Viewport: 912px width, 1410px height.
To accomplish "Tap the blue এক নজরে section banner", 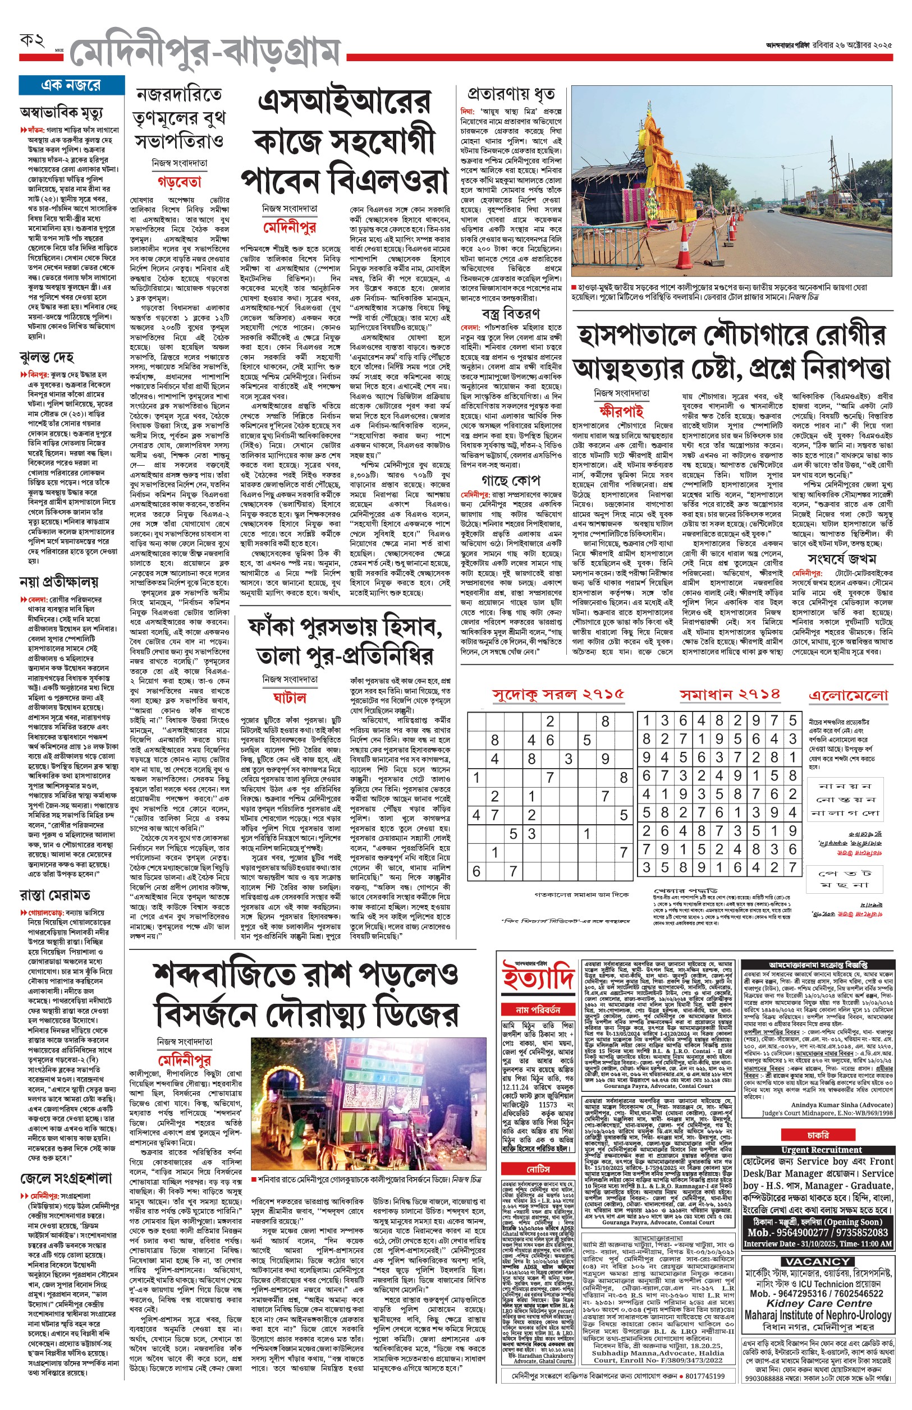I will [x=70, y=85].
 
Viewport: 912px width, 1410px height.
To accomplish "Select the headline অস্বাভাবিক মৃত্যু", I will [x=61, y=112].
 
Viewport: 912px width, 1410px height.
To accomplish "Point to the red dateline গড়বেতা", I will [x=180, y=182].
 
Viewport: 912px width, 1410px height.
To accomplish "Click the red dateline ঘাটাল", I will [x=290, y=697].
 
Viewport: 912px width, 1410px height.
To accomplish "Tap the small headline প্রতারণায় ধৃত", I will [x=511, y=94].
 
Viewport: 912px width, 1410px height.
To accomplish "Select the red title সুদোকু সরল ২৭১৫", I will [x=558, y=695].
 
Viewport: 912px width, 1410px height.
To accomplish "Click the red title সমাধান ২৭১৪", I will [x=730, y=695].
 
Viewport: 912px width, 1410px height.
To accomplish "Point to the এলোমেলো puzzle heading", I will [x=849, y=695].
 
